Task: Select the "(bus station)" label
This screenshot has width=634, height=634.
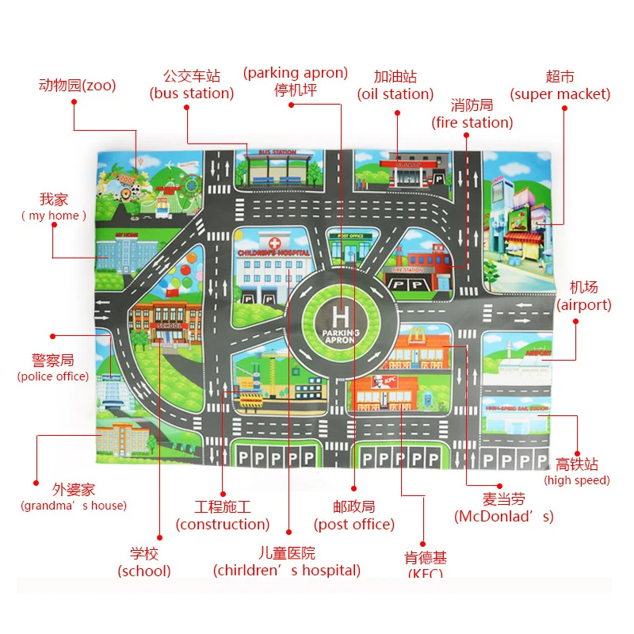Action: coord(192,94)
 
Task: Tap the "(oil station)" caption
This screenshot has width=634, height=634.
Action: coord(395,94)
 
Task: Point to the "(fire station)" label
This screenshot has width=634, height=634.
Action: coord(472,122)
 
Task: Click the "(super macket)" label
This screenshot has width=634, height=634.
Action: coord(560,94)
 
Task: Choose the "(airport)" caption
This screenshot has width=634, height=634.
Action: coord(584,304)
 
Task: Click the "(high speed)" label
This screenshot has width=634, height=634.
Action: coord(577,479)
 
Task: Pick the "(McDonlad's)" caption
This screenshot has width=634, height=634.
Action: coord(504,517)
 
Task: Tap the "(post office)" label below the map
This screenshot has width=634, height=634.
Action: coord(354,524)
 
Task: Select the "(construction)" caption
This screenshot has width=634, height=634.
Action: coord(223,524)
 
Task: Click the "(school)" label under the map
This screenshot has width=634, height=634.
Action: coord(144,570)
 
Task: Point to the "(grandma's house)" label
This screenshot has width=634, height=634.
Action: coord(74,505)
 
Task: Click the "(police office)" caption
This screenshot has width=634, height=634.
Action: coord(53,376)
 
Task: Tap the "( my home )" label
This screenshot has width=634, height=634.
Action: coord(54,216)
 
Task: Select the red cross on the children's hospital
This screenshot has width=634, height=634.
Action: coord(273,243)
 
